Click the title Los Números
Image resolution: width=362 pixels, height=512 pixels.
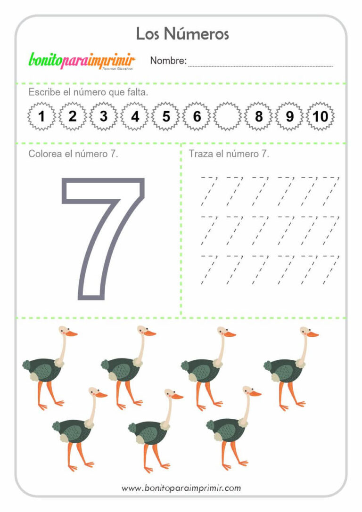182,33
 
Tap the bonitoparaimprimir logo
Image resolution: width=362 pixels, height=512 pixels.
82,61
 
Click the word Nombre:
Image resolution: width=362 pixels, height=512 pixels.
168,60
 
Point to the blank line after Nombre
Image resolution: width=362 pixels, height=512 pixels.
260,65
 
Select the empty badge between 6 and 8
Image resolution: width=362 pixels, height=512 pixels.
227,116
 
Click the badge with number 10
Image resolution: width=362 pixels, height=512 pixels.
320,116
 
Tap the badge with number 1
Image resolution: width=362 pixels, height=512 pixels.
41,116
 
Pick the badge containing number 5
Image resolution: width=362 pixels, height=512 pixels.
165,116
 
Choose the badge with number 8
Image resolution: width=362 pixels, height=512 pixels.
258,116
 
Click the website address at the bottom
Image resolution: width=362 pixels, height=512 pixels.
181,488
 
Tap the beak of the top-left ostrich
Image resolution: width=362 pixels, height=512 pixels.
72,333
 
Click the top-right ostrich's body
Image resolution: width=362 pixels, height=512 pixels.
284,370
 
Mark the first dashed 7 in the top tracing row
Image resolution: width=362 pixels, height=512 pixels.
209,191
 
